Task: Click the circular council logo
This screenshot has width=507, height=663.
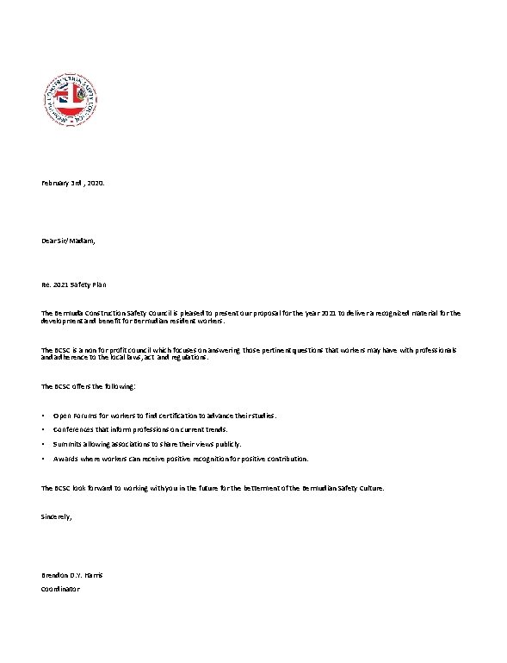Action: [71, 99]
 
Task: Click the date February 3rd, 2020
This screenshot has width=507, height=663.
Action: [73, 184]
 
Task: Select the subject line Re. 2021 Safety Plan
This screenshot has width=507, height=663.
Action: [74, 285]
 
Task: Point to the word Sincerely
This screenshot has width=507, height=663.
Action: [57, 516]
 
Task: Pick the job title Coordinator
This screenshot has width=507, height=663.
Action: [60, 589]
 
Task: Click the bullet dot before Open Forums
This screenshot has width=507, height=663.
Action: [43, 416]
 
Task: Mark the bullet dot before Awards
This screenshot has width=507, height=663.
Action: [43, 459]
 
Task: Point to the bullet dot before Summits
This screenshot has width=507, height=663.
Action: [43, 444]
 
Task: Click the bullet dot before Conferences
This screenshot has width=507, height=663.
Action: [43, 429]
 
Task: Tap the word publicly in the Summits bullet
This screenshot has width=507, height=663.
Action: [227, 444]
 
